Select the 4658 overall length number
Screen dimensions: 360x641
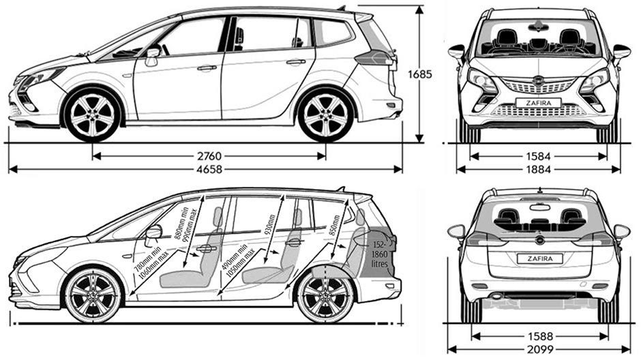pos(208,170)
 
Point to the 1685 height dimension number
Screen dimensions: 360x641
pos(420,74)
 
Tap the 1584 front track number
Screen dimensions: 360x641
pos(538,156)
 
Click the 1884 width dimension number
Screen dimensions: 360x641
pos(538,169)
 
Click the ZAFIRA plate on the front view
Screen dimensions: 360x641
pos(538,103)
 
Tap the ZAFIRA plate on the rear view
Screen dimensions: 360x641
pos(539,258)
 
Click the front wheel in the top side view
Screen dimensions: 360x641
pos(92,114)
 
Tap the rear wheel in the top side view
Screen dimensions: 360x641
pos(326,114)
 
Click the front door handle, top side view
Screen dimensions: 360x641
pos(207,67)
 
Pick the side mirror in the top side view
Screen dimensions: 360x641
pos(152,54)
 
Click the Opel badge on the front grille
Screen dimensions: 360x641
pos(539,80)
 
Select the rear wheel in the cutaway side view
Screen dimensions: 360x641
pos(326,297)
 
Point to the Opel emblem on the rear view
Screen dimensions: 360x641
pos(539,239)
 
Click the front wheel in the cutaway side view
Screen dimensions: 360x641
pos(93,296)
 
